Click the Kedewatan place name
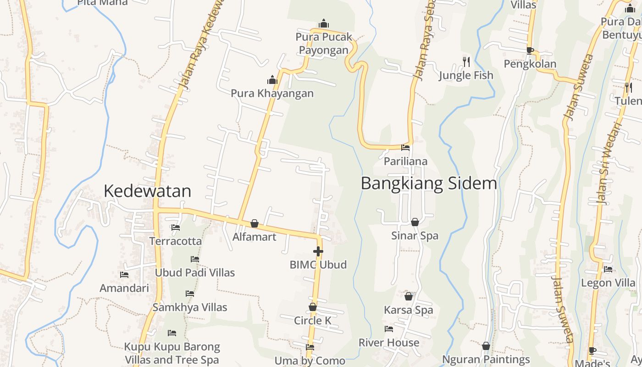[x=147, y=191]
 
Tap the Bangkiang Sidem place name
[x=429, y=183]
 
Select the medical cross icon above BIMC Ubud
[x=318, y=251]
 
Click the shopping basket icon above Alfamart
[x=255, y=223]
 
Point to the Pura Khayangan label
[x=272, y=93]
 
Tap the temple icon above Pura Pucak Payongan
[x=324, y=23]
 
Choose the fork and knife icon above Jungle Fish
[x=466, y=61]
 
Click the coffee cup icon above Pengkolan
[x=530, y=50]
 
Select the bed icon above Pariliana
[x=405, y=148]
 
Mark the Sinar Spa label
[x=415, y=236]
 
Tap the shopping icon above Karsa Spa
[x=409, y=296]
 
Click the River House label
[x=389, y=343]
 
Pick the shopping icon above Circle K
[x=313, y=307]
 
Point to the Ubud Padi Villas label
[x=195, y=272]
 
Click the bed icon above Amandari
[x=124, y=275]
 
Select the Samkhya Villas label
[x=190, y=307]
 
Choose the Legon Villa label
[x=609, y=283]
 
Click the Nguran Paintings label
[x=486, y=360]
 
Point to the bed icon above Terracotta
[x=175, y=227]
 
